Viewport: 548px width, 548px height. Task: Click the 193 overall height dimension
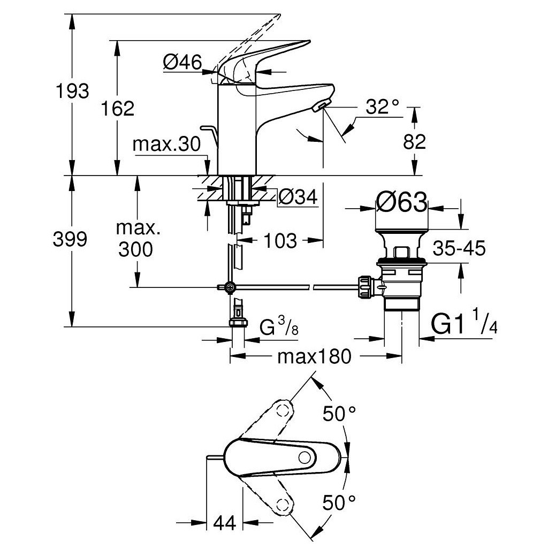73,91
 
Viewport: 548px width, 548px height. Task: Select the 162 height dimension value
118,109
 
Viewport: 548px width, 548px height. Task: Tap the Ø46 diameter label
182,63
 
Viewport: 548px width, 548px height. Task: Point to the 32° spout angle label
383,107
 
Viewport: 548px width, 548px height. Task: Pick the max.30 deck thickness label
166,144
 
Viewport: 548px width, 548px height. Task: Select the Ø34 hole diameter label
298,197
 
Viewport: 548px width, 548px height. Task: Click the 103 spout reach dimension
280,241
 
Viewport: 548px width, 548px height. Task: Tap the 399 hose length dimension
70,239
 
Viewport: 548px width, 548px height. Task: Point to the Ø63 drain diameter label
401,203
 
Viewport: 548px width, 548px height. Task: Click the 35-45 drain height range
459,248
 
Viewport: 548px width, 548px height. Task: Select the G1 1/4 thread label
464,324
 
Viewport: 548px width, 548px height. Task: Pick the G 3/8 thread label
278,326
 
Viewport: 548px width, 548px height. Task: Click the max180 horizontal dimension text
315,356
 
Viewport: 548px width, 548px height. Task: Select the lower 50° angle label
339,503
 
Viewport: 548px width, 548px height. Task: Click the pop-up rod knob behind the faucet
207,128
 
